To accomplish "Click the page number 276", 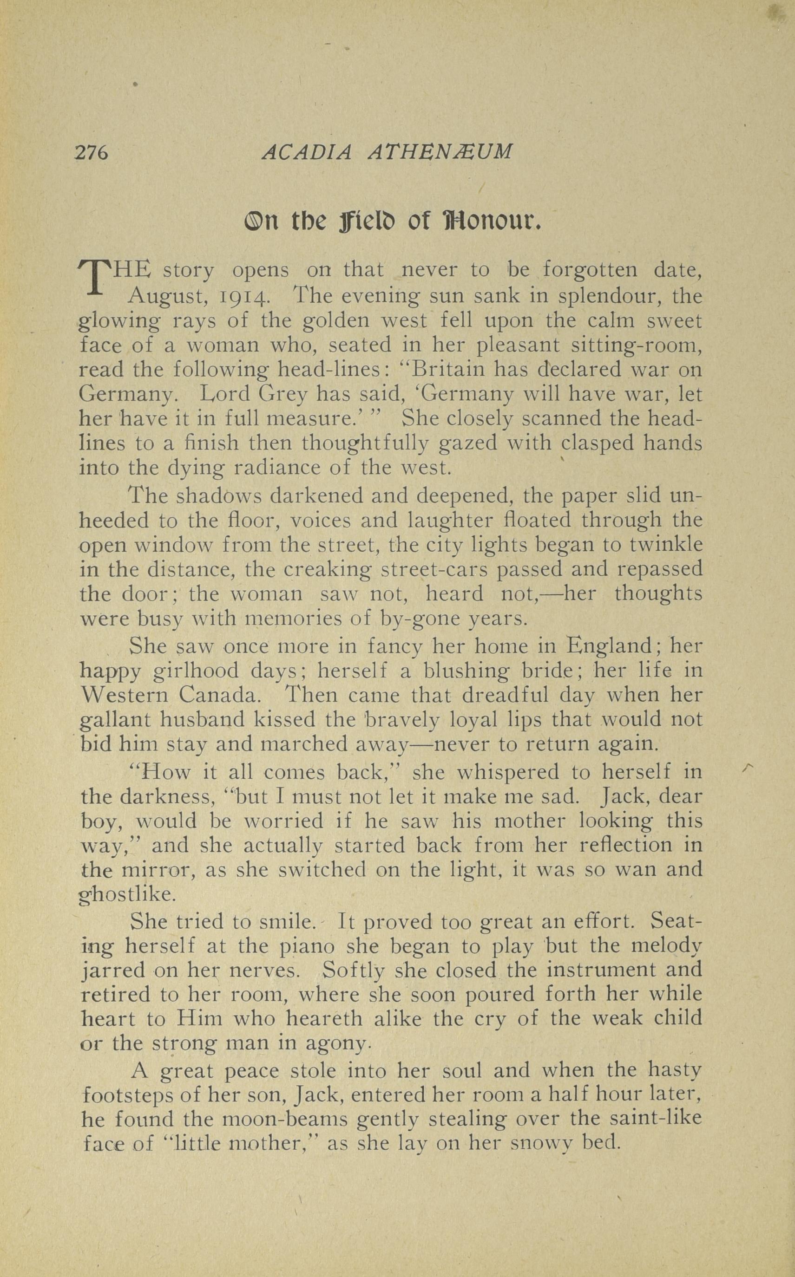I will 92,152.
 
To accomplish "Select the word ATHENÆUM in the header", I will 440,152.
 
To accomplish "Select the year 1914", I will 245,297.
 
